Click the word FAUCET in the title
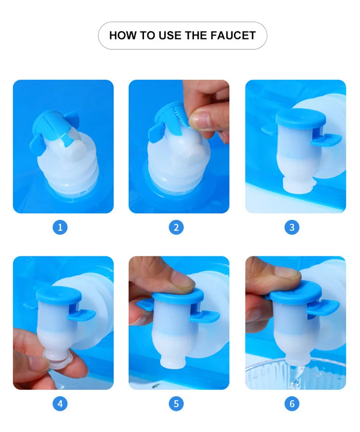point(233,36)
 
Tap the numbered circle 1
point(60,228)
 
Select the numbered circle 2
point(176,228)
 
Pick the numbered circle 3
point(292,228)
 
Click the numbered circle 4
point(60,404)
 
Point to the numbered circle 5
point(176,404)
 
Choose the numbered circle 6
point(292,404)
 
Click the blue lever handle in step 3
point(327,140)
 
